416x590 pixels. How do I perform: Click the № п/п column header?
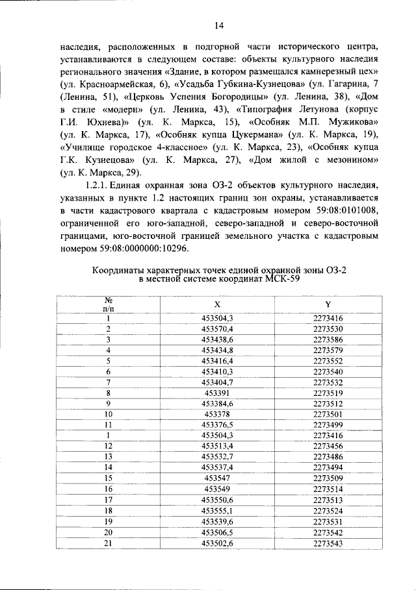click(x=109, y=304)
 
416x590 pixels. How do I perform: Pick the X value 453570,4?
click(x=217, y=329)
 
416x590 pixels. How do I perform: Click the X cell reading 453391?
click(x=217, y=393)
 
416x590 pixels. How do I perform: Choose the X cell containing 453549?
click(x=217, y=487)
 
